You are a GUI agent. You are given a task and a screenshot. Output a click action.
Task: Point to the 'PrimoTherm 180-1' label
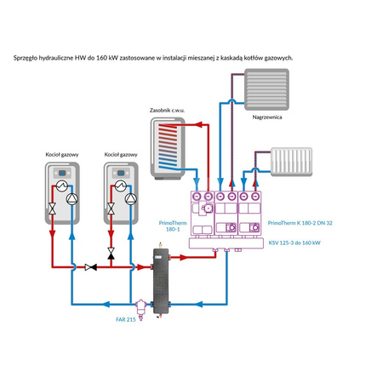click(173, 225)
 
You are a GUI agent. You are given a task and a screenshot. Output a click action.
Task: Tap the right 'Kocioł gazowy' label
click(121, 155)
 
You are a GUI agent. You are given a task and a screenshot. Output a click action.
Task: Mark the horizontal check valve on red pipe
click(92, 266)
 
